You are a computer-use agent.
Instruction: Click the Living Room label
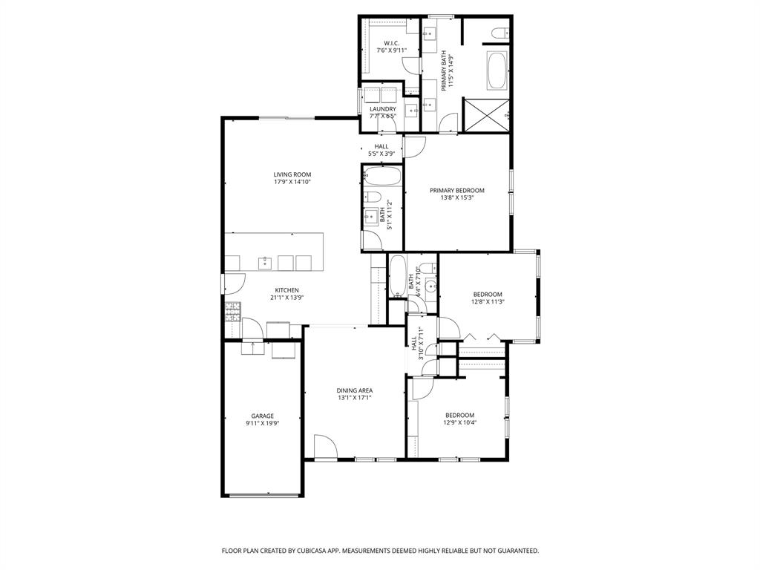pyautogui.click(x=292, y=174)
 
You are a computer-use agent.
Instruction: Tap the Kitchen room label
pyautogui.click(x=287, y=290)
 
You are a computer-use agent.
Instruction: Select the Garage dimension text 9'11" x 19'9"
pyautogui.click(x=262, y=424)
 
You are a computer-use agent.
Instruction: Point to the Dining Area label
pyautogui.click(x=355, y=390)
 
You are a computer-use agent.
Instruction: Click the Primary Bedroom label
pyautogui.click(x=457, y=191)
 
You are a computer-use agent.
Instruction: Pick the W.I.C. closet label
pyautogui.click(x=391, y=43)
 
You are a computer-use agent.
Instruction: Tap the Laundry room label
pyautogui.click(x=383, y=109)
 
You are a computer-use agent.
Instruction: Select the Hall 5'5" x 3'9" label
pyautogui.click(x=381, y=146)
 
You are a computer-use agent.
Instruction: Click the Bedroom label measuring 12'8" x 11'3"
pyautogui.click(x=488, y=295)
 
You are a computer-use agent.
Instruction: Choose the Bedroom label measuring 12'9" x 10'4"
pyautogui.click(x=459, y=415)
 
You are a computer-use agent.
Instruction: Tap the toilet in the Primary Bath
pyautogui.click(x=499, y=31)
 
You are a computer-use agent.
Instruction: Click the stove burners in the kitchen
pyautogui.click(x=233, y=311)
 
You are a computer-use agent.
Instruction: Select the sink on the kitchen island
pyautogui.click(x=265, y=262)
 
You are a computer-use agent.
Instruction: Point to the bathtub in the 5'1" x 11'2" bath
pyautogui.click(x=382, y=177)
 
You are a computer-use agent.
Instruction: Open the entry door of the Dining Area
pyautogui.click(x=325, y=447)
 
